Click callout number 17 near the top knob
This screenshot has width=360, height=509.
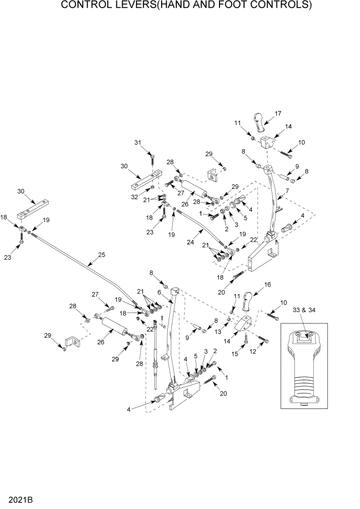coord(278,113)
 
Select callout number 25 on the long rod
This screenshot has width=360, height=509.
coord(101,254)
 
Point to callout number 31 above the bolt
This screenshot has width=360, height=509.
coord(137,142)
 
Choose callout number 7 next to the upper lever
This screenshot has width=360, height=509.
coord(287,190)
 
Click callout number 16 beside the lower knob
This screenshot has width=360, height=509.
coord(267,284)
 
